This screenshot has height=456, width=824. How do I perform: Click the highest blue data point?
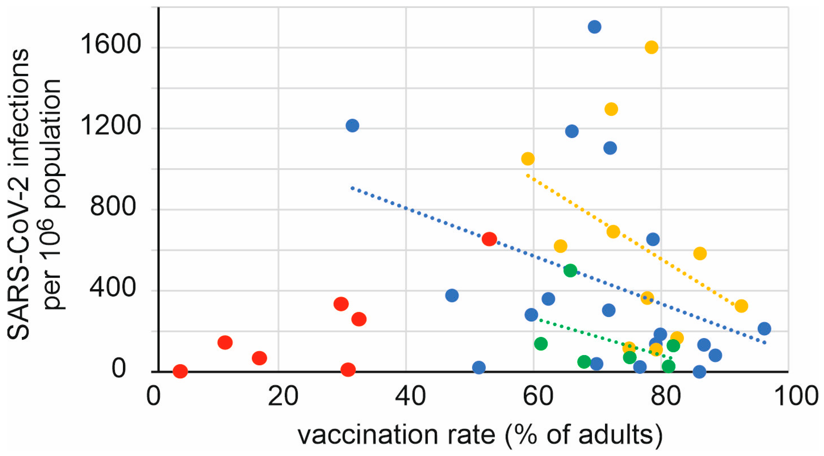pyautogui.click(x=594, y=27)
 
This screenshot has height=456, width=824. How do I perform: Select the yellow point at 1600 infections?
pyautogui.click(x=652, y=47)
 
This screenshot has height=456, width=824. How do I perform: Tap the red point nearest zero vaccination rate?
pyautogui.click(x=180, y=371)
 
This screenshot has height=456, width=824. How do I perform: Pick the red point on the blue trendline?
pyautogui.click(x=489, y=239)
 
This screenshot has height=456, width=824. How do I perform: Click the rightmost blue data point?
pyautogui.click(x=764, y=328)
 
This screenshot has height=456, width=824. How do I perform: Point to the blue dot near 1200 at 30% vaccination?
pyautogui.click(x=352, y=125)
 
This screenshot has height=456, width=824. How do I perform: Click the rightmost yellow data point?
pyautogui.click(x=741, y=306)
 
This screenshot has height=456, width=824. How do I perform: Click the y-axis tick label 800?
pyautogui.click(x=113, y=206)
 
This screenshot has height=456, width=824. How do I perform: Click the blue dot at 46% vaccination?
pyautogui.click(x=452, y=295)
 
